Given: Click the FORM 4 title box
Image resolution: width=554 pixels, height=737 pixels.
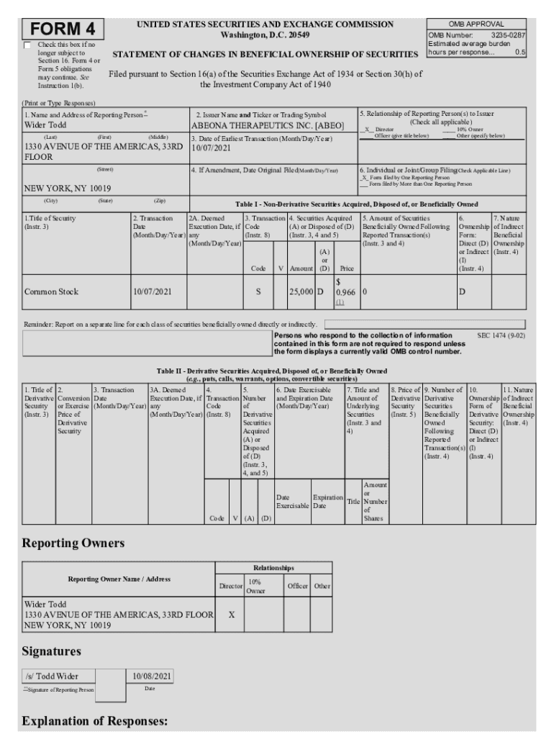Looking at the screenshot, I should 63,30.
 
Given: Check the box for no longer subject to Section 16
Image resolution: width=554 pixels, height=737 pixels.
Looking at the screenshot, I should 27,45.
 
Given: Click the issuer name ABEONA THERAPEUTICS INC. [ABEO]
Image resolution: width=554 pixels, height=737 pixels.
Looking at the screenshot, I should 268,125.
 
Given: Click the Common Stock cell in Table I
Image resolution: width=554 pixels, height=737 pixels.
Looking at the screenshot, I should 51,291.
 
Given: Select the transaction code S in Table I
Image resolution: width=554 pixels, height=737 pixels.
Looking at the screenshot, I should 258,291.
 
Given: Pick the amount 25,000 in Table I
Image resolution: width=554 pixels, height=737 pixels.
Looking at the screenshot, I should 301,291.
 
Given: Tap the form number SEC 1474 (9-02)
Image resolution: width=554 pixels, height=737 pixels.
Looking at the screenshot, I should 501,335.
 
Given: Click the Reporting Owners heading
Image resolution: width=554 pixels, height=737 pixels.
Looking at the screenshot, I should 73,542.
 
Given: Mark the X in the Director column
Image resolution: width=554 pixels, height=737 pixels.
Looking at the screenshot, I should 230,615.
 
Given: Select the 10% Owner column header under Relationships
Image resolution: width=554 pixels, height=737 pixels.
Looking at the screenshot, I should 255,586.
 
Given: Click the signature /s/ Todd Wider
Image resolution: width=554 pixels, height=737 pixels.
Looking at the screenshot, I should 52,676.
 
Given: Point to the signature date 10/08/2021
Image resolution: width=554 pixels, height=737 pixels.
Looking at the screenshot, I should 150,676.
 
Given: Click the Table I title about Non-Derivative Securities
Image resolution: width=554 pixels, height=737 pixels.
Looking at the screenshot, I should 356,204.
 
